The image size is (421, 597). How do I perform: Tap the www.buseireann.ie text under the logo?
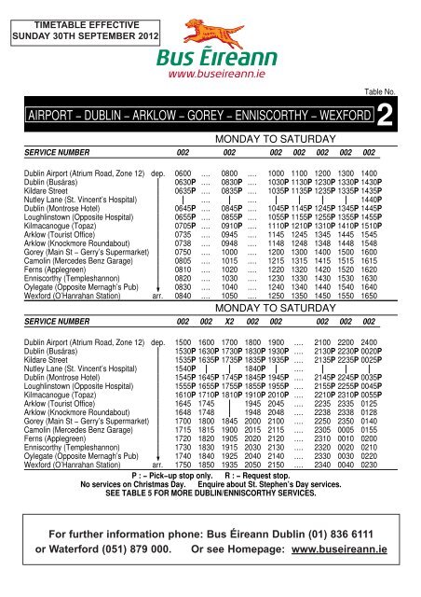tap(210, 69)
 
